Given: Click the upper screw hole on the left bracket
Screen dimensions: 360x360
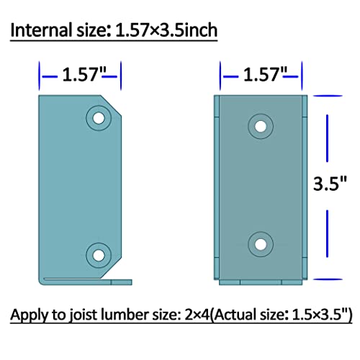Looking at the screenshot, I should (x=96, y=117).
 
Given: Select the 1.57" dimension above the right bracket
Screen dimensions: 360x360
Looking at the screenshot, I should (x=264, y=73).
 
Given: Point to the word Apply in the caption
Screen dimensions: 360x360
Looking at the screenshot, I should (x=30, y=316).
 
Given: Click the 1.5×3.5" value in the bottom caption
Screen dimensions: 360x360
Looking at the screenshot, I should (x=321, y=316).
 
